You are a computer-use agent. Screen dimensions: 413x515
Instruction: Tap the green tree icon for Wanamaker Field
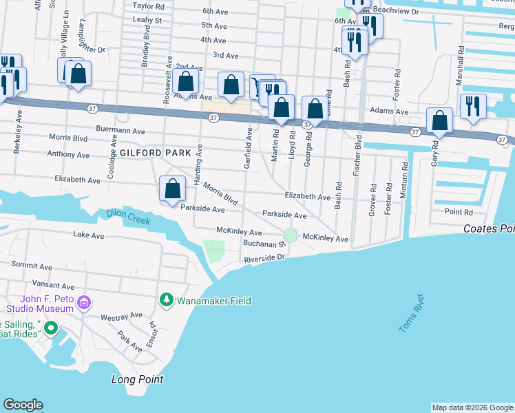[x=166, y=301]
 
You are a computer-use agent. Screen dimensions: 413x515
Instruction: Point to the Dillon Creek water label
[x=128, y=217]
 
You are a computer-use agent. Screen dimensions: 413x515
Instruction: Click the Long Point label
[x=137, y=379]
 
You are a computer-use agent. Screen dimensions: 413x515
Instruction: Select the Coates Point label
[x=489, y=229]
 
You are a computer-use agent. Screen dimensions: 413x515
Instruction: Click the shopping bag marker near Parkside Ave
[x=172, y=189]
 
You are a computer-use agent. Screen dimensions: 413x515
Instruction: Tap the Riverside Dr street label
[x=264, y=259]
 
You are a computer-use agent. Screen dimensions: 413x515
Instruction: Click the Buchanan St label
[x=263, y=244]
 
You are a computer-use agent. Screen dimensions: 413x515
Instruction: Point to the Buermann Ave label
[x=121, y=130]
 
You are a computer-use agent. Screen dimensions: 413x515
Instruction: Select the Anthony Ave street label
[x=68, y=155]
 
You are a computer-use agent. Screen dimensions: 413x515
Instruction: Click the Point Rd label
[x=459, y=212]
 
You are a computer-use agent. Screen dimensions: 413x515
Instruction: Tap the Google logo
[x=23, y=405]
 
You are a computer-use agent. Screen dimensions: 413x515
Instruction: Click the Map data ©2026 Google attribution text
[x=472, y=407]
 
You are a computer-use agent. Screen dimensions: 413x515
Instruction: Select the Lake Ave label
[x=88, y=235]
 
